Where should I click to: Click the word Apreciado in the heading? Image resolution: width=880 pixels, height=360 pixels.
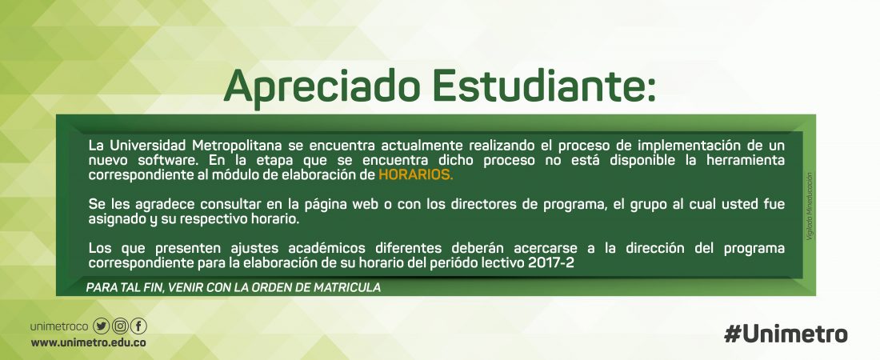pos(322,88)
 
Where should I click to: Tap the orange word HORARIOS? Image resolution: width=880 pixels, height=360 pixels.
pos(415,174)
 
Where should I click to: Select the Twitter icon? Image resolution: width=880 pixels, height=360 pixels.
pos(101,326)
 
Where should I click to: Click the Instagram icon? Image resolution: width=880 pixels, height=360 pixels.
pos(120,326)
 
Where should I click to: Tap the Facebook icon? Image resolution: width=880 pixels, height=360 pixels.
pos(138,326)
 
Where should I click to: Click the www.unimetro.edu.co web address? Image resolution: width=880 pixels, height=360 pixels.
pos(89,342)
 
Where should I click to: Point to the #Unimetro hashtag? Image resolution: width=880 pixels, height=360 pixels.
pos(786,334)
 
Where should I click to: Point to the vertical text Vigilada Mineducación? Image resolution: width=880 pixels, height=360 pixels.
pos(810,206)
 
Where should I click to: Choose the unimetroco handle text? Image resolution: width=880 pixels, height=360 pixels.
pos(59,326)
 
